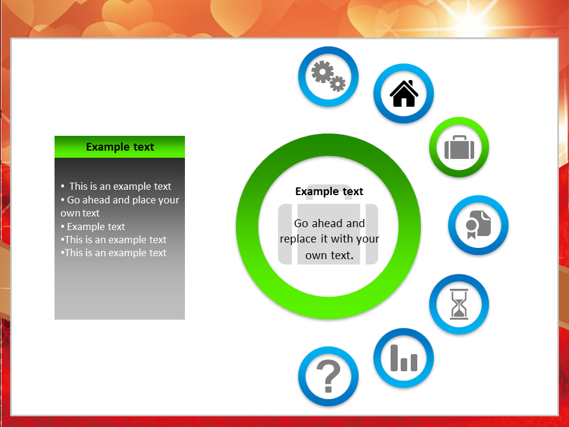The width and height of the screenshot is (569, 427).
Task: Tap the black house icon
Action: click(404, 94)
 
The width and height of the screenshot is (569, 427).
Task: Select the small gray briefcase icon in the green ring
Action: click(459, 148)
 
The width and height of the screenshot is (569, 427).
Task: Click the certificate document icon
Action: click(478, 225)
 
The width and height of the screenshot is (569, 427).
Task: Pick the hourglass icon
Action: click(459, 304)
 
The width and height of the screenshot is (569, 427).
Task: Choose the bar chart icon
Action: click(404, 358)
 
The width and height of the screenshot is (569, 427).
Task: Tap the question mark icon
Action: click(328, 376)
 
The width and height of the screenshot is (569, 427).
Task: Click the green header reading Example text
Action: click(120, 146)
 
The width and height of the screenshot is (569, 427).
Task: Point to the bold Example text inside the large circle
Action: click(329, 192)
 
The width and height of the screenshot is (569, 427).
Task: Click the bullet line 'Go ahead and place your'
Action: click(120, 200)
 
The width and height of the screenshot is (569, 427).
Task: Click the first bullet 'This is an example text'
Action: click(116, 186)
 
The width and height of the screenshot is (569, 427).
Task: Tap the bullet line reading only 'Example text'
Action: click(93, 227)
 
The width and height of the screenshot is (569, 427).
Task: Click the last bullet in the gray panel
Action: click(114, 253)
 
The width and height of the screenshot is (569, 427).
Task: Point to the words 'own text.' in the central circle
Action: click(330, 255)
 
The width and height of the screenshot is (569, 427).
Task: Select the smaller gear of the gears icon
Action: click(338, 84)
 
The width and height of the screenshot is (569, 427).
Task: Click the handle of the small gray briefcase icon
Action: click(459, 138)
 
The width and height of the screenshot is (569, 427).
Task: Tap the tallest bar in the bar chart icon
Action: click(395, 358)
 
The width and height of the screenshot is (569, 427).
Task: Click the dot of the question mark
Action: click(328, 389)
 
